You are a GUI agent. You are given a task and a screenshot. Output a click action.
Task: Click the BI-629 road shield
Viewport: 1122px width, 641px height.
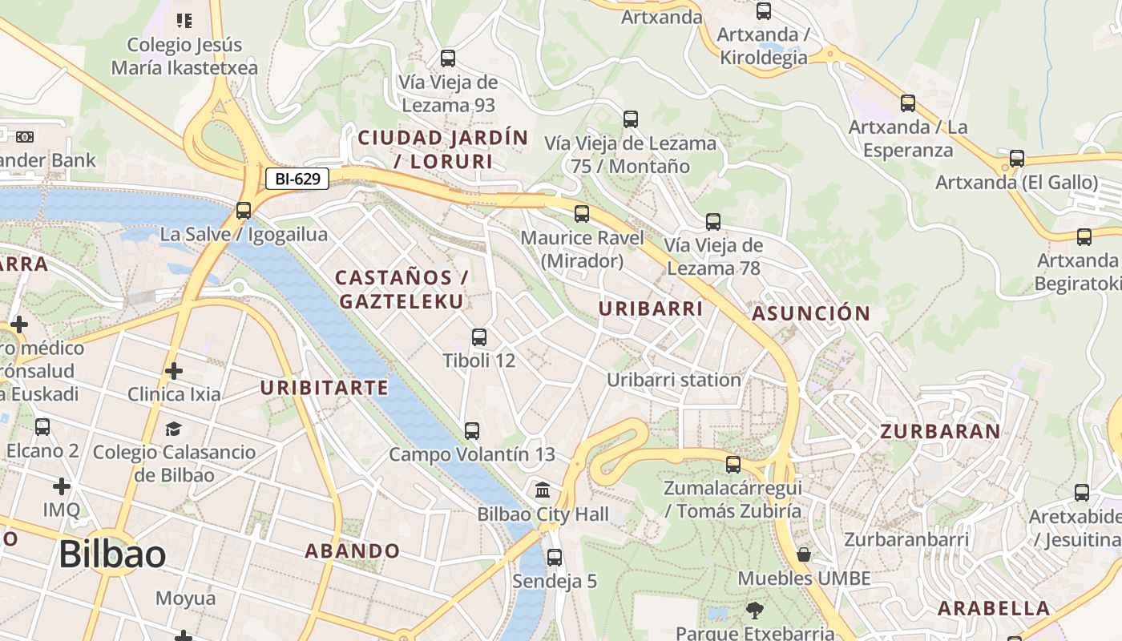[297, 179]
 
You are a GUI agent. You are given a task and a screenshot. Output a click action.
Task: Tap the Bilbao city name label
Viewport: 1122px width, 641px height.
[112, 554]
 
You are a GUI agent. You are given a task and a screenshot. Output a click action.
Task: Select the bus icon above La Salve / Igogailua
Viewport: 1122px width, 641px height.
[244, 211]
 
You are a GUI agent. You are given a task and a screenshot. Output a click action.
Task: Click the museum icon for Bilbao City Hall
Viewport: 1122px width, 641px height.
[543, 490]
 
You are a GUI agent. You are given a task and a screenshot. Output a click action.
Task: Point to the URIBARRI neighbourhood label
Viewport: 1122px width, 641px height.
[651, 308]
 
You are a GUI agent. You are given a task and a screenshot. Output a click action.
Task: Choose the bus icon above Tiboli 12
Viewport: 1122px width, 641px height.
[479, 337]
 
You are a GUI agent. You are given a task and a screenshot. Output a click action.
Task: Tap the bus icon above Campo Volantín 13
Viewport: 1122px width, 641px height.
[472, 431]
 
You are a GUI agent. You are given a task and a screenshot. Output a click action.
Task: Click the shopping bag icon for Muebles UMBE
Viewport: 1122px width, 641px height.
[804, 554]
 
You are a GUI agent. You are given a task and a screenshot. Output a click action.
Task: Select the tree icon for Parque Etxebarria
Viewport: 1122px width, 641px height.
[754, 611]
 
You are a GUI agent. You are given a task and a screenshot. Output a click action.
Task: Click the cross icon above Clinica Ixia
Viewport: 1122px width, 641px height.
[174, 371]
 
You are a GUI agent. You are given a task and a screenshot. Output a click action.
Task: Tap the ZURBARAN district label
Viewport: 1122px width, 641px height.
[940, 432]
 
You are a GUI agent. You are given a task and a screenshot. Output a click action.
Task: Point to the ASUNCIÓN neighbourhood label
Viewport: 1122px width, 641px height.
[811, 313]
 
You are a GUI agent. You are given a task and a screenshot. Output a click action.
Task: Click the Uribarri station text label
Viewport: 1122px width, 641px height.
[673, 380]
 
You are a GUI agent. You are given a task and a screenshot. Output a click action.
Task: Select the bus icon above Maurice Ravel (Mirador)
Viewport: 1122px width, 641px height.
[582, 214]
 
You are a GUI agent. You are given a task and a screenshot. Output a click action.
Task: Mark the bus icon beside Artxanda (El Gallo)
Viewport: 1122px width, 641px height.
[1017, 159]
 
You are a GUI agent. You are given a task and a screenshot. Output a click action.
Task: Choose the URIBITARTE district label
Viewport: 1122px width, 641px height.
[325, 389]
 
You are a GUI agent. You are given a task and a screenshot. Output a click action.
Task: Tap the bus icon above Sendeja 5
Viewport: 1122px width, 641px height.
[555, 558]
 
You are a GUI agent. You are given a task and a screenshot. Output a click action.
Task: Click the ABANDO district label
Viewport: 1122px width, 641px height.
[352, 551]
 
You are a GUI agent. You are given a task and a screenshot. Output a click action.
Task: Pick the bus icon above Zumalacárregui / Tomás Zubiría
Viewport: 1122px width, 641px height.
[733, 465]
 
